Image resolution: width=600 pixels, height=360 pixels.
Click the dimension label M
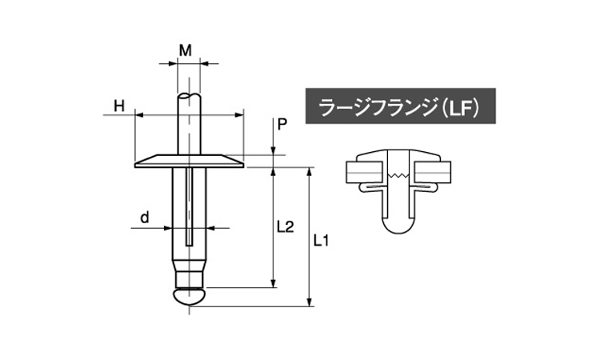186,50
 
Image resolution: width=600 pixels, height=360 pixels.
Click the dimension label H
119,106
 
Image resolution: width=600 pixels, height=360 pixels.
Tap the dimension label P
282,125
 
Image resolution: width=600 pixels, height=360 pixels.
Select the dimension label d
144,218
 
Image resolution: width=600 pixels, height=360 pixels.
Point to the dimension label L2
285,227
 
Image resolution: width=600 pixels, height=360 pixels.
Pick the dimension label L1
321,241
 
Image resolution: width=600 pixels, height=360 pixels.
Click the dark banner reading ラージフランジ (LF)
400,106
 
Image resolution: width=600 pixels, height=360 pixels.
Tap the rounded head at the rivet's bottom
190,297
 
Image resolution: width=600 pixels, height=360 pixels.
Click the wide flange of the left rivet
190,161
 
